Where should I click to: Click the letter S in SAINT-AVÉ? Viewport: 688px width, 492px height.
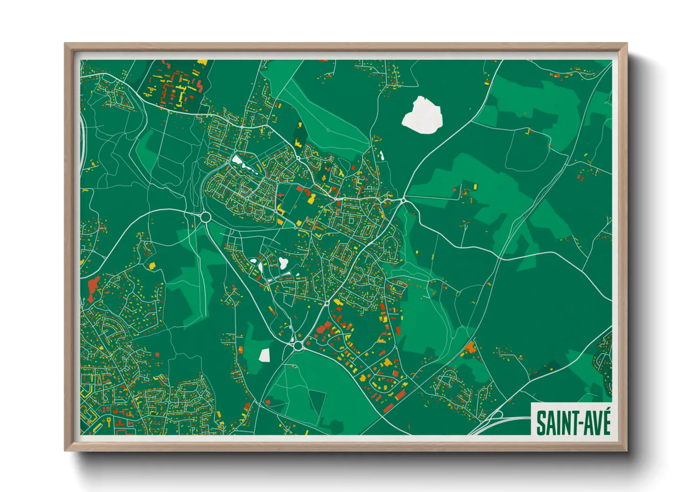[542, 423]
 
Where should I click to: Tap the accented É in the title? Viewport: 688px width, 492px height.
[605, 422]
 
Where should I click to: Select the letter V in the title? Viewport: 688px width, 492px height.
[595, 424]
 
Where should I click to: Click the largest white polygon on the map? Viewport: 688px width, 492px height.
[422, 115]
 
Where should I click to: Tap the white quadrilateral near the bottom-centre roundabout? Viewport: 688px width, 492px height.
[264, 355]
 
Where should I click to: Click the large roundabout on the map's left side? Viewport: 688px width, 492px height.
[205, 217]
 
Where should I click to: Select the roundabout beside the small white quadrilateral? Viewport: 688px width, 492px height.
[298, 346]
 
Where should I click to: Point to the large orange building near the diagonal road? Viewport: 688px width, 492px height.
[470, 347]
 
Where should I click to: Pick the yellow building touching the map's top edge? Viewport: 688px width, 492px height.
[202, 62]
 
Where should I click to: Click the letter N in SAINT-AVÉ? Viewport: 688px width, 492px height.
[562, 424]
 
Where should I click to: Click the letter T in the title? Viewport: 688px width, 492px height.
[570, 424]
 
